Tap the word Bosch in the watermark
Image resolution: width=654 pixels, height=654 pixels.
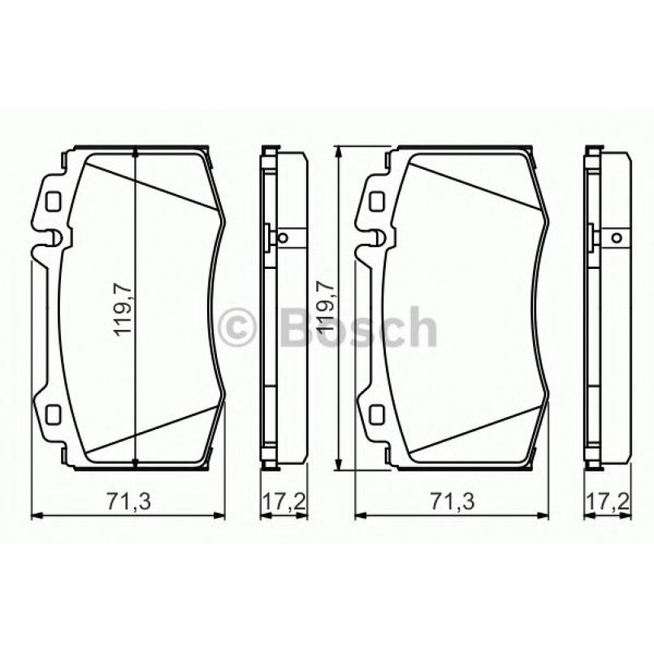click(x=357, y=327)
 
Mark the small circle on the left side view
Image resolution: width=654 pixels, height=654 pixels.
click(x=282, y=238)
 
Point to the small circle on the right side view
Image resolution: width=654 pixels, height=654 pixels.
click(x=615, y=238)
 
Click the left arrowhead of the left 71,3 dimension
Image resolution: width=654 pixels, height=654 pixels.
click(x=34, y=515)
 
